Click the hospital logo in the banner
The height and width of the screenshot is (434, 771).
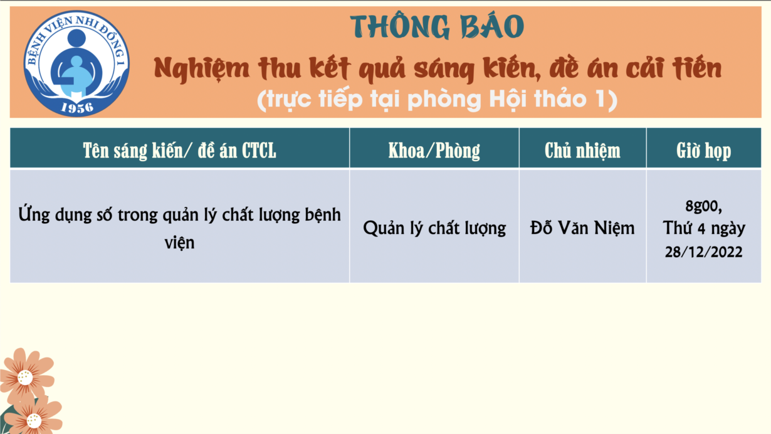click(76, 63)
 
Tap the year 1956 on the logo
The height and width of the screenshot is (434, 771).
click(77, 108)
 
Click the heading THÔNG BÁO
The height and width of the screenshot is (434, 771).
click(437, 26)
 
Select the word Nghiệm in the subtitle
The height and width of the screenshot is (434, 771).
click(201, 69)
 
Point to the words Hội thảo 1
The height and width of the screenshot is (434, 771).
click(548, 99)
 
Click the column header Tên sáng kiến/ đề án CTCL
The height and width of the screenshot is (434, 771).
click(179, 151)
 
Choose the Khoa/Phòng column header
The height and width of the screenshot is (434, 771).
click(434, 151)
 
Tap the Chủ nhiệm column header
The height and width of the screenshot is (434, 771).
click(582, 151)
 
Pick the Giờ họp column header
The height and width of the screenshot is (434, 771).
click(703, 151)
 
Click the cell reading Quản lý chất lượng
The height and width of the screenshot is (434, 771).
click(434, 228)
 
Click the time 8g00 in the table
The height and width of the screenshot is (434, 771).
click(703, 206)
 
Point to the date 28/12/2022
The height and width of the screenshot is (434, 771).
click(703, 251)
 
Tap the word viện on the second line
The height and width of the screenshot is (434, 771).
click(179, 243)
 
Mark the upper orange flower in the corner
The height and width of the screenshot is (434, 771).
click(26, 376)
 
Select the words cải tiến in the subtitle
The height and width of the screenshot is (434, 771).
click(674, 68)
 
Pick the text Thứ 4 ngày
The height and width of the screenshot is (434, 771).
click(703, 228)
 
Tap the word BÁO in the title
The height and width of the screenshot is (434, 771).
click(493, 26)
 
